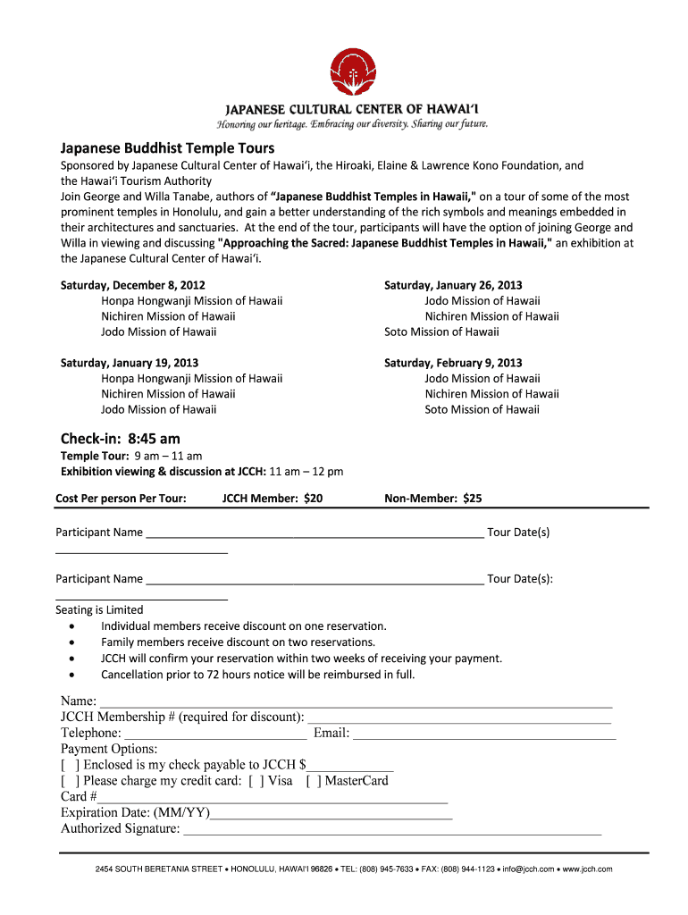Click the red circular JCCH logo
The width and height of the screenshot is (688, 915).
[354, 73]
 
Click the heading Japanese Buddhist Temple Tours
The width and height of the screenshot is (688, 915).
[167, 147]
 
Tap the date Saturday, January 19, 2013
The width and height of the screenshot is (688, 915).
[129, 363]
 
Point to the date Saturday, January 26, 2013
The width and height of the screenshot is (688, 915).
[453, 285]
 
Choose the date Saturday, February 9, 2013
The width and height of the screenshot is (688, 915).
[453, 363]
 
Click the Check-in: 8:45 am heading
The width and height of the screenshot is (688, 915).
[120, 438]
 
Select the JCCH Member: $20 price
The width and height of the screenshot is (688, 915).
[273, 499]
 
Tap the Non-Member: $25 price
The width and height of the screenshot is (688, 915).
[432, 499]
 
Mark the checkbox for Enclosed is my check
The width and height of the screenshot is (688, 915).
[69, 765]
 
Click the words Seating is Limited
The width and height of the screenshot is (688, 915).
[99, 609]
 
